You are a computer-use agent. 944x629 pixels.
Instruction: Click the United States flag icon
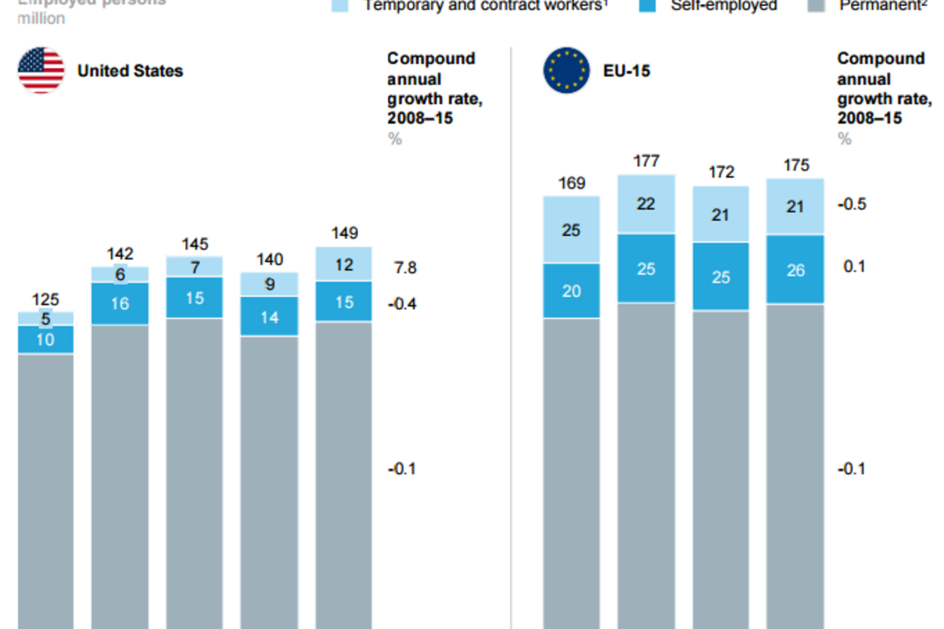click(41, 71)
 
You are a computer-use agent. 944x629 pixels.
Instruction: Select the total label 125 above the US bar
click(46, 300)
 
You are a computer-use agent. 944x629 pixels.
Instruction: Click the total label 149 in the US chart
click(344, 234)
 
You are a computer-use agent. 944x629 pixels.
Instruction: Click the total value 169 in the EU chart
click(571, 184)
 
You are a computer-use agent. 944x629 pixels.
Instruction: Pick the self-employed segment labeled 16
click(120, 303)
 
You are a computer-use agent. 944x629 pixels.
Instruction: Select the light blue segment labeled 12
click(344, 265)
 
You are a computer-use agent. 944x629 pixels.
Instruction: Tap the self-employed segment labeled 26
click(795, 270)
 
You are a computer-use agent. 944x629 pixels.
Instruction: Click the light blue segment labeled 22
click(646, 204)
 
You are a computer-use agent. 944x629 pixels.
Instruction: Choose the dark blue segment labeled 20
click(571, 291)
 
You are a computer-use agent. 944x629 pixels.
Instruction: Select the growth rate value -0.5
click(852, 204)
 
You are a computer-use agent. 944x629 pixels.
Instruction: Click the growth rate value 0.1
click(854, 267)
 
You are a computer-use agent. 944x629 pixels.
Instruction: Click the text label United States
click(130, 71)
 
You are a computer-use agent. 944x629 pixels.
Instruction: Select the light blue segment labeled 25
click(571, 230)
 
